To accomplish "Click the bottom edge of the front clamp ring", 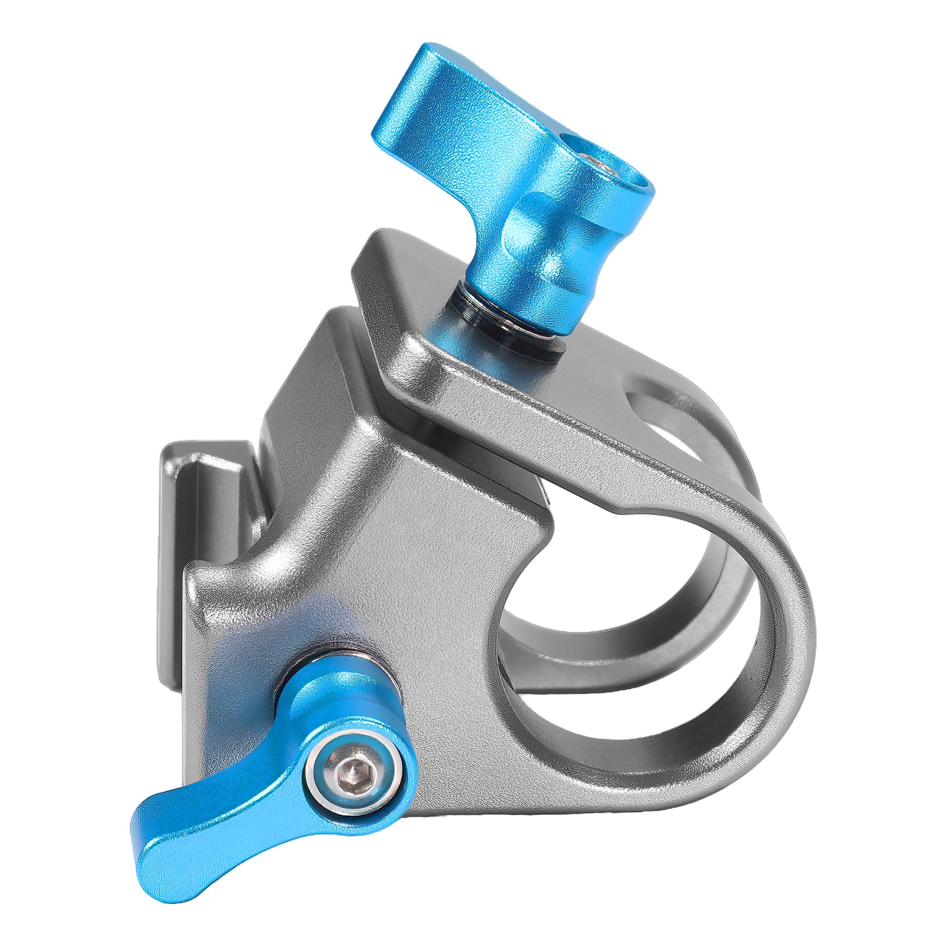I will (x=633, y=760).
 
